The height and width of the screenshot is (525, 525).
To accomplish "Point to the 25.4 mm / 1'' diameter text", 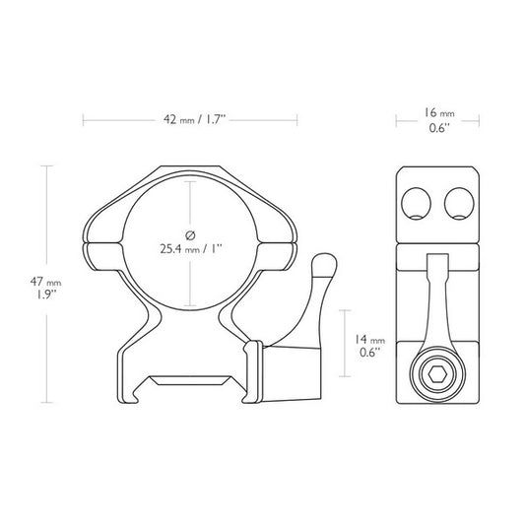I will tap(191, 248).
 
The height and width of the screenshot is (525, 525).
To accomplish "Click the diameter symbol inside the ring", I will tap(190, 232).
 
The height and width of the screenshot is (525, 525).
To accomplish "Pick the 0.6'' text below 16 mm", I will tap(437, 128).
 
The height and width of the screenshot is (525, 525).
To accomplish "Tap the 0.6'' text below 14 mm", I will tap(371, 352).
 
